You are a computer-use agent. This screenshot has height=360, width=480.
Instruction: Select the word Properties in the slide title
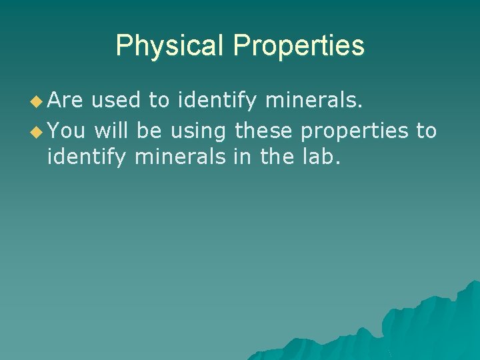(299, 46)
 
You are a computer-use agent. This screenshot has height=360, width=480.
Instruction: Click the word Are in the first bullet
(65, 101)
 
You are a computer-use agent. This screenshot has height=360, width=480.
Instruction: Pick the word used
(116, 101)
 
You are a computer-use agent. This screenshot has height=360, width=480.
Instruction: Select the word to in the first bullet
(159, 101)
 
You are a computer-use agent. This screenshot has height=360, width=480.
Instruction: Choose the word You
(66, 131)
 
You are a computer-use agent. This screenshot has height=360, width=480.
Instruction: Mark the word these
(264, 131)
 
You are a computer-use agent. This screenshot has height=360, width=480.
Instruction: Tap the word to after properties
(426, 131)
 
